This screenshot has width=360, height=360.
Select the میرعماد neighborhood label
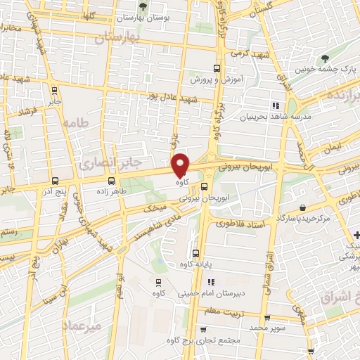point(82,326)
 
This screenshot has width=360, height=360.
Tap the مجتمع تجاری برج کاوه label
point(210,341)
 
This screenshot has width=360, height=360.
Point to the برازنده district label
point(345,94)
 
